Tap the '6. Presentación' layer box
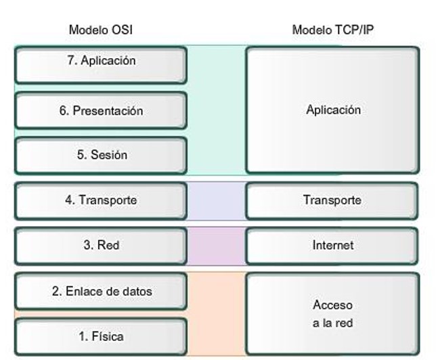[x=100, y=110]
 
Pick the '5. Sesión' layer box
[x=100, y=155]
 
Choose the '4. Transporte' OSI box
[x=100, y=200]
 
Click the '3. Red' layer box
[x=100, y=245]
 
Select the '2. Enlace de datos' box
[x=100, y=291]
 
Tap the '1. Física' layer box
[x=100, y=336]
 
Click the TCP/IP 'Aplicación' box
[x=332, y=110]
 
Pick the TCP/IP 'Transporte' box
[x=332, y=200]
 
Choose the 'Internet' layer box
[x=332, y=245]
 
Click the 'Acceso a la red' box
[x=332, y=313]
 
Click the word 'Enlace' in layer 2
[x=83, y=291]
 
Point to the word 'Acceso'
[x=332, y=305]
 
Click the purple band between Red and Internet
[x=215, y=245]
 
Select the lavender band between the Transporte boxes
[x=215, y=200]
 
